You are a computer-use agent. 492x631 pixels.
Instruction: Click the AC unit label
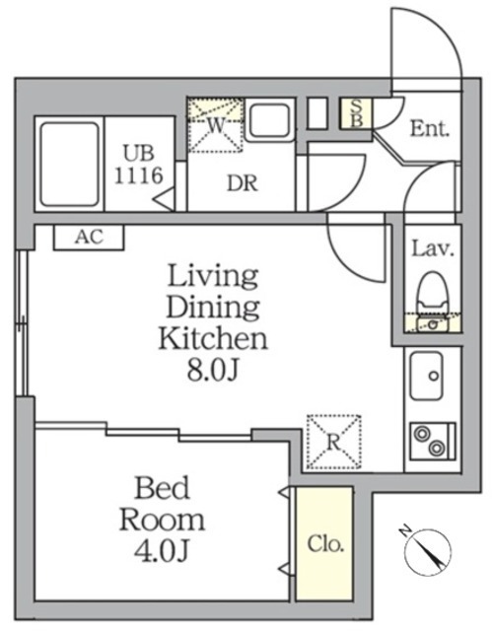point(90,237)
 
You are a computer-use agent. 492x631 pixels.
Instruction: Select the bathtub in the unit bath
point(70,165)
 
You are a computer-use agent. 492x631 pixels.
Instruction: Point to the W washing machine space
point(216,125)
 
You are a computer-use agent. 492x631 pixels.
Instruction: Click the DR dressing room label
point(243,183)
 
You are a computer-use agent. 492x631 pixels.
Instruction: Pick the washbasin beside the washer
point(269,121)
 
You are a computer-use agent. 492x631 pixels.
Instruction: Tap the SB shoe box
point(356,113)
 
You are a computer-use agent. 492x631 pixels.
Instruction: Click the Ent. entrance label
point(429,129)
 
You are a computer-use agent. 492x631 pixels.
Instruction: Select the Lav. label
point(433,249)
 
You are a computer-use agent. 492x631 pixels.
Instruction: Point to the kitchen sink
point(426,376)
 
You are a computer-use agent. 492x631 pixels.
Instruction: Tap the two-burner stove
point(433,441)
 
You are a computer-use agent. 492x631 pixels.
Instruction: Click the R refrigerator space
point(333,442)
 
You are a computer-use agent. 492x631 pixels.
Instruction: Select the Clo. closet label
point(325,544)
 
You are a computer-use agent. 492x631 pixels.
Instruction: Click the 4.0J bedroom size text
point(162,551)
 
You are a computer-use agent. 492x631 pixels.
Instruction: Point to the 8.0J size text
point(213,371)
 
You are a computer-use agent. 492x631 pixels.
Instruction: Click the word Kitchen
point(213,339)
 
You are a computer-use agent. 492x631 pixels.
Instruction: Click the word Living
point(212,277)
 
